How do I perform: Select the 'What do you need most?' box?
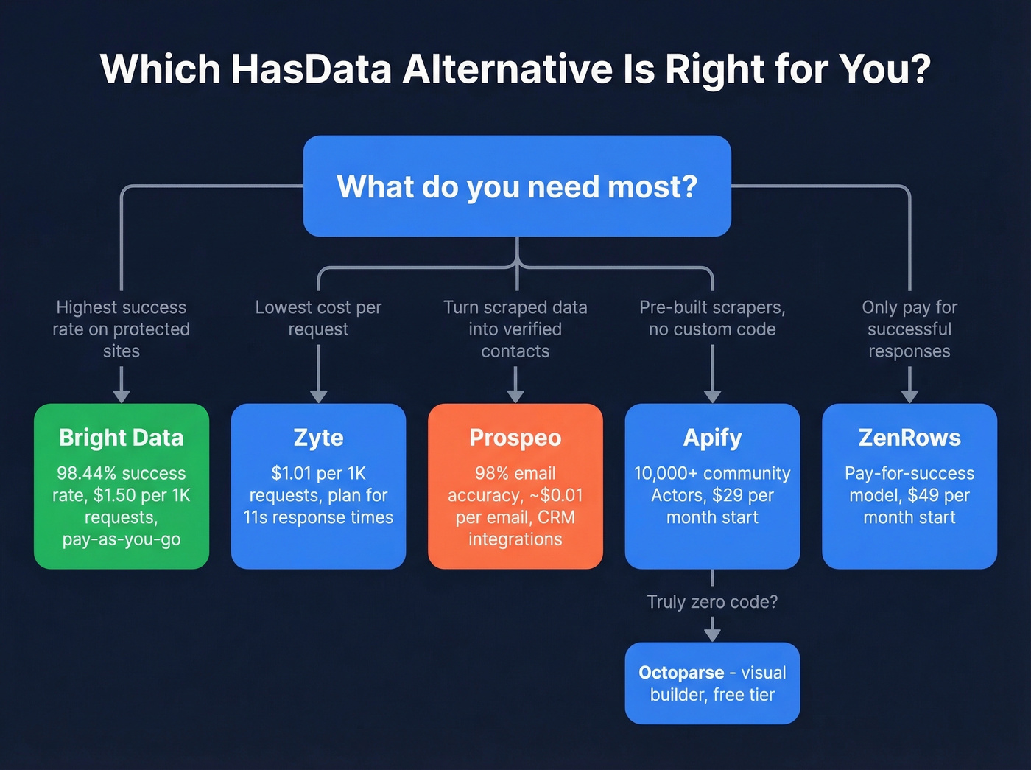coord(517,186)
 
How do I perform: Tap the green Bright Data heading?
coord(122,438)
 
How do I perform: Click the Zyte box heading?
coord(318,438)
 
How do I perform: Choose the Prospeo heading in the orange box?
coord(515,438)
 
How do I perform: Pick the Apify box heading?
coord(712,438)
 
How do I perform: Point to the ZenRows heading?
coord(909,438)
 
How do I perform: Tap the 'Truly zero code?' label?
coord(712,602)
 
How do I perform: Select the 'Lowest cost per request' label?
coord(318,318)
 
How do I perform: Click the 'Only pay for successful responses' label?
coord(909,329)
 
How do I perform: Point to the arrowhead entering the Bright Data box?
coord(122,396)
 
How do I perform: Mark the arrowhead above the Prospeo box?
coord(515,396)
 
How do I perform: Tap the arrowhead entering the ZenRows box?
coord(909,396)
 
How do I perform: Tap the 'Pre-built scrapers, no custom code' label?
coord(712,318)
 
